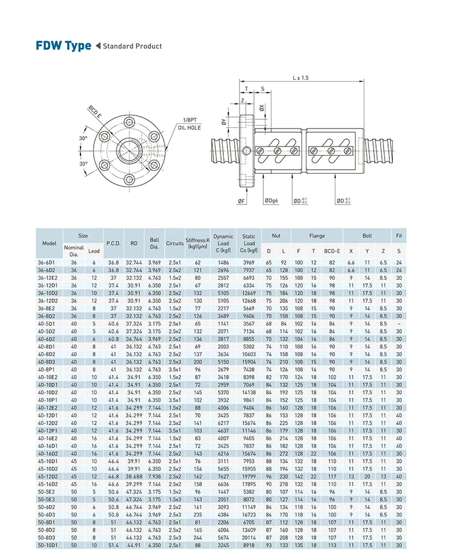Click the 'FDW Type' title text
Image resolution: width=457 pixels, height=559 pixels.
point(63,46)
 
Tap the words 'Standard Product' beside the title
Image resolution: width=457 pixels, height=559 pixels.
point(132,46)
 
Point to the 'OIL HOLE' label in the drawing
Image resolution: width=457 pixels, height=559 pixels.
point(189,127)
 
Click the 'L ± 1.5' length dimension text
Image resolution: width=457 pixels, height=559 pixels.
point(300,78)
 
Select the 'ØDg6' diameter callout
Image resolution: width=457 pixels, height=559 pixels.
point(271,201)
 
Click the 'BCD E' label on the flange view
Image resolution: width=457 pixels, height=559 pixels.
point(95,111)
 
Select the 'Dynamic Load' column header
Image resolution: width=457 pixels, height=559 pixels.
point(223,243)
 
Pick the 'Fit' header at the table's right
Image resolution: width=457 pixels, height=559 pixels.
point(399,236)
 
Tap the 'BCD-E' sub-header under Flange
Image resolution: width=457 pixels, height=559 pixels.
point(332,251)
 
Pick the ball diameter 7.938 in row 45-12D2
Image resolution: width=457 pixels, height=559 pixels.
point(153,476)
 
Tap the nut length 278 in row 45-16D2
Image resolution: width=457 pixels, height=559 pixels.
point(283,483)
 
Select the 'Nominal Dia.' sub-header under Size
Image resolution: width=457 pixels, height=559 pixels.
point(73,251)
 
